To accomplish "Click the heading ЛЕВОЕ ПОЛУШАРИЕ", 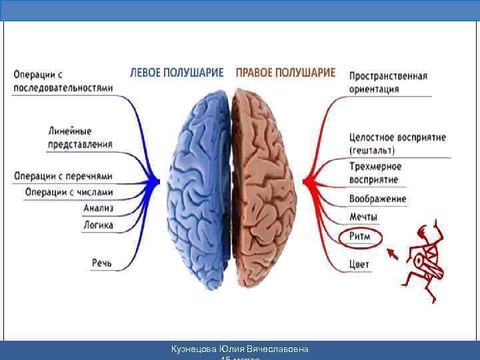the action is click(177, 73).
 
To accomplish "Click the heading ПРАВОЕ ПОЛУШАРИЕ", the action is click(285, 73).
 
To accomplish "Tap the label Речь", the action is click(102, 263).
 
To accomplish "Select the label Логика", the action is click(98, 225).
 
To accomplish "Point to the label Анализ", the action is click(99, 209).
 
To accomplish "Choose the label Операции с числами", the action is click(69, 193).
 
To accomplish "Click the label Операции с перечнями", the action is click(63, 177).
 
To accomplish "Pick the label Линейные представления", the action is click(80, 137).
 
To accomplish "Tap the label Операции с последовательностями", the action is click(63, 81).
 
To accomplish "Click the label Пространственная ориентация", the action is click(388, 82).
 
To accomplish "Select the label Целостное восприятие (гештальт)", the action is click(397, 144).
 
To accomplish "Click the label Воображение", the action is click(377, 199).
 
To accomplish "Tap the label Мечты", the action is click(363, 217).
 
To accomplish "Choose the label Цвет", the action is click(359, 265).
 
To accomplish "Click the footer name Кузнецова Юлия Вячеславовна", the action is click(240, 349).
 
